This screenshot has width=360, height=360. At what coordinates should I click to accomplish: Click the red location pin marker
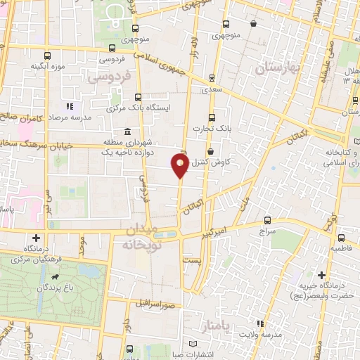pyautogui.click(x=180, y=166)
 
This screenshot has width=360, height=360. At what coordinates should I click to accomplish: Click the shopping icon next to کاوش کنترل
pyautogui.click(x=210, y=151)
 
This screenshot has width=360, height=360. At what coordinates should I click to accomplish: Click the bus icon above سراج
pyautogui.click(x=267, y=219)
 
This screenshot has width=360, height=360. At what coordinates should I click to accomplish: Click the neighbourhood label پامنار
pyautogui.click(x=221, y=328)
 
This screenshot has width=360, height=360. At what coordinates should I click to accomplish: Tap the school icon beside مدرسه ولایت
pyautogui.click(x=259, y=323)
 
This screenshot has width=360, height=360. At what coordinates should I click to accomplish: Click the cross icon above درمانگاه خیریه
pyautogui.click(x=321, y=274)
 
